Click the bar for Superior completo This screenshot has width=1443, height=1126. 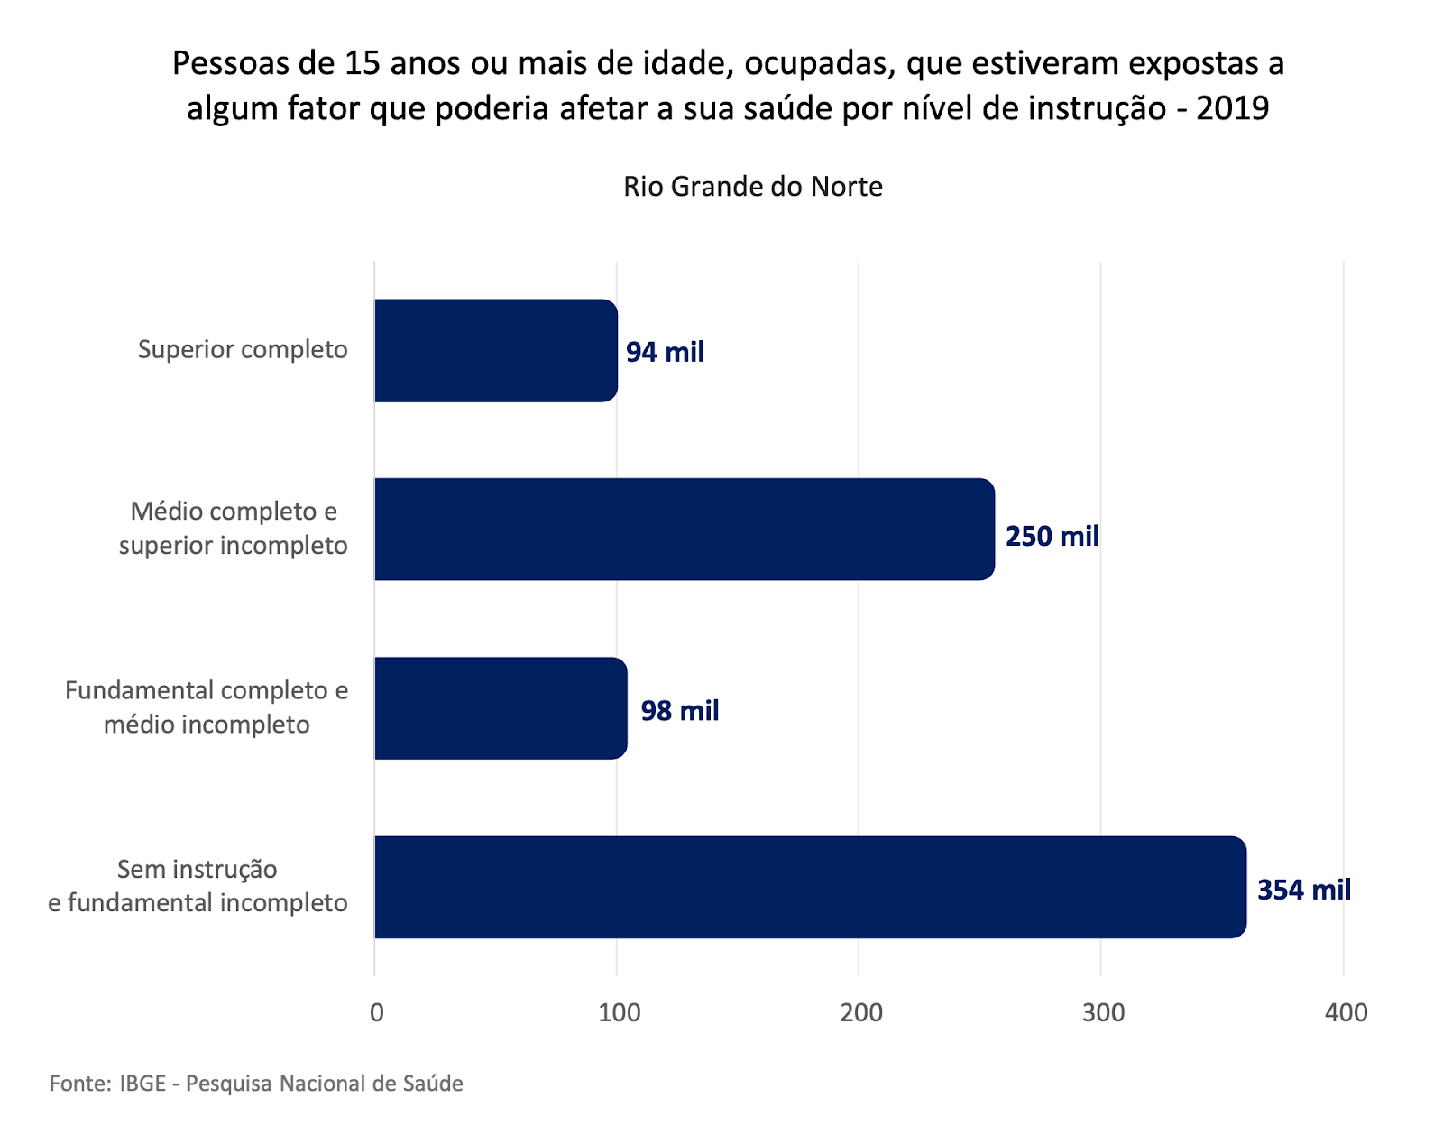click(x=496, y=350)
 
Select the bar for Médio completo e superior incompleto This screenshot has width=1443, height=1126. click(x=685, y=529)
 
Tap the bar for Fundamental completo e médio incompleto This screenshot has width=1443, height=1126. click(x=501, y=708)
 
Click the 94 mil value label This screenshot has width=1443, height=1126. click(x=665, y=352)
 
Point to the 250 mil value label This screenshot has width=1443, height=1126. click(x=1052, y=537)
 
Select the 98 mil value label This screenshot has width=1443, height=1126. click(x=679, y=711)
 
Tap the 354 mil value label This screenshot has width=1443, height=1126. click(x=1303, y=890)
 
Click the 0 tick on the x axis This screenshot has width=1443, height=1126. click(x=377, y=1012)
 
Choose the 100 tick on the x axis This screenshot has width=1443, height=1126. click(x=620, y=1012)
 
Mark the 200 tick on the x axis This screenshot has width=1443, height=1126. click(x=861, y=1012)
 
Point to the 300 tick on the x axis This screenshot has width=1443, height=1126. click(x=1104, y=1012)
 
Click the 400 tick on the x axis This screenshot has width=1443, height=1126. click(x=1346, y=1012)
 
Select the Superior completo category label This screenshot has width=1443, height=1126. click(x=243, y=349)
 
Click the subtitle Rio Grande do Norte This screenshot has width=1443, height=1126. click(x=752, y=187)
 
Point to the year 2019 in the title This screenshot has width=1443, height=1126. click(x=1232, y=108)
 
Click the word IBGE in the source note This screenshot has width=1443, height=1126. click(x=142, y=1084)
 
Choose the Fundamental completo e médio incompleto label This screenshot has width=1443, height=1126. click(x=207, y=707)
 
